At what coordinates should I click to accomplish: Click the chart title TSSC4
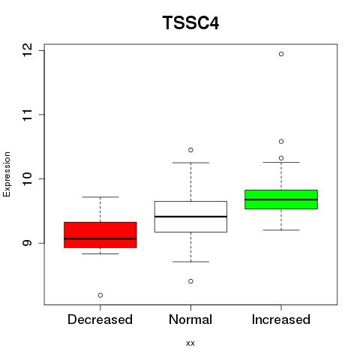pos(190,22)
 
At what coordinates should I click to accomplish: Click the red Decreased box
pos(100,235)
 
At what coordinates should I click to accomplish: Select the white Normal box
pos(190,217)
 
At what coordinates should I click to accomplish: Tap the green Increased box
pos(281,199)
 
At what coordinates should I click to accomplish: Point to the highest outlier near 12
pos(281,54)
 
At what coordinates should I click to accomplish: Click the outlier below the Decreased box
pos(100,295)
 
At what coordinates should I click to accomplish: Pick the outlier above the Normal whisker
pos(190,150)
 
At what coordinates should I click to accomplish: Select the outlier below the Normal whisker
pos(190,281)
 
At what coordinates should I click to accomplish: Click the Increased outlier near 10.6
pos(281,142)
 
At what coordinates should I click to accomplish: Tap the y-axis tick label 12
pos(27,50)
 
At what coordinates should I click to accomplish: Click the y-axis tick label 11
pos(27,115)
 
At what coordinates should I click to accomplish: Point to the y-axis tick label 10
pos(27,178)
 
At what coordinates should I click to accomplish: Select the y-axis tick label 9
pos(27,243)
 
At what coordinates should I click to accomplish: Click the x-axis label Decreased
pos(100,319)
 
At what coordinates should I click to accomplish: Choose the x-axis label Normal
pos(190,319)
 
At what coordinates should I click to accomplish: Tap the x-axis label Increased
pos(281,319)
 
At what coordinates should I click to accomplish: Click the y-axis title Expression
pos(7,174)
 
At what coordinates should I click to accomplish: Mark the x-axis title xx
pos(190,343)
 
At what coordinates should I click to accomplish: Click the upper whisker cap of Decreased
pos(100,197)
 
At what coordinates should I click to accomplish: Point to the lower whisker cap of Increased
pos(281,229)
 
